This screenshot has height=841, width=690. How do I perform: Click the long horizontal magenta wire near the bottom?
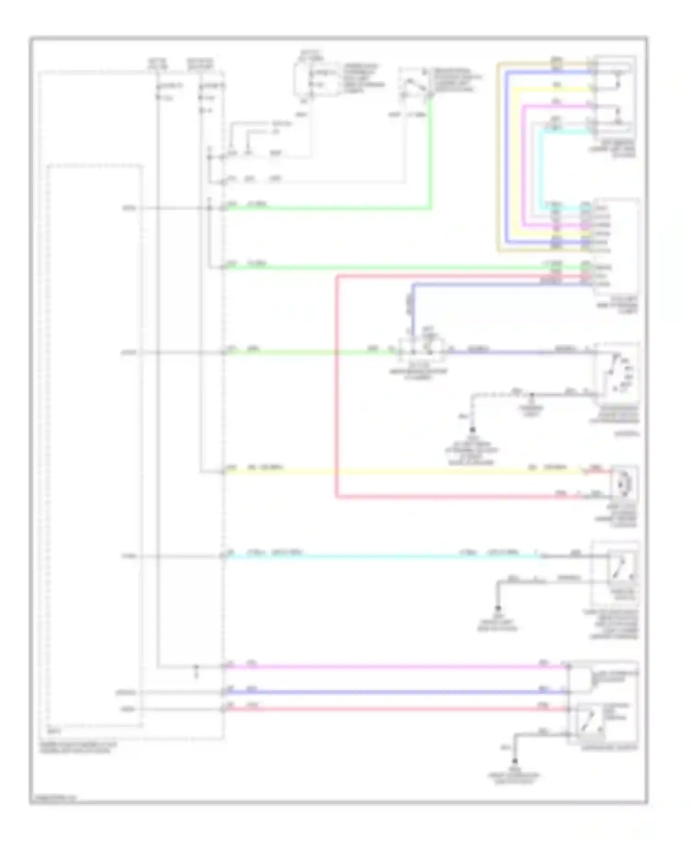pyautogui.click(x=391, y=667)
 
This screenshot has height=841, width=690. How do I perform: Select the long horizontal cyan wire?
pyautogui.click(x=382, y=557)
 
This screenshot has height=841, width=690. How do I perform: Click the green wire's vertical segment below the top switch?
pyautogui.click(x=431, y=152)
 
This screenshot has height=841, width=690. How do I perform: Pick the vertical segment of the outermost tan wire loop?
pyautogui.click(x=498, y=156)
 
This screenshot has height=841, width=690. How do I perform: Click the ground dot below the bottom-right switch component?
pyautogui.click(x=515, y=761)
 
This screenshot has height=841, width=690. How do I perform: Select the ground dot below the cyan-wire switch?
pyautogui.click(x=498, y=608)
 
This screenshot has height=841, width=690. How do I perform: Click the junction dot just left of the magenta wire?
pyautogui.click(x=195, y=667)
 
